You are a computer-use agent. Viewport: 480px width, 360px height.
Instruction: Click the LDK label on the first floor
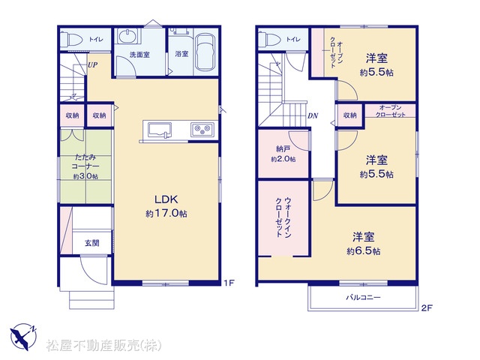[x=166, y=199]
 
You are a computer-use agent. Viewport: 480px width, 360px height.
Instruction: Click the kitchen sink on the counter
[x=160, y=130]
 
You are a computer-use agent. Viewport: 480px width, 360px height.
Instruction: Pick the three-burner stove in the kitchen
[x=202, y=130]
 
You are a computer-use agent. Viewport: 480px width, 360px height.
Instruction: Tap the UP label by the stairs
[x=93, y=65]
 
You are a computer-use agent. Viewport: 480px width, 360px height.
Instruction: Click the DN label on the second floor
[x=313, y=115]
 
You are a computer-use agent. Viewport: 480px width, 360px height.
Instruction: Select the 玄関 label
[x=91, y=243]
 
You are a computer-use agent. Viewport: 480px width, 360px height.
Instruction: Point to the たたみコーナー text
[x=85, y=162]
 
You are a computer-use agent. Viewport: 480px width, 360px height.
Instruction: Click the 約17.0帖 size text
[x=166, y=213]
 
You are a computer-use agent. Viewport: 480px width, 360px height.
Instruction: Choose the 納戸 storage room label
[x=283, y=149]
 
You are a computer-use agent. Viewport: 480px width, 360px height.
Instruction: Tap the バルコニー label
[x=363, y=297]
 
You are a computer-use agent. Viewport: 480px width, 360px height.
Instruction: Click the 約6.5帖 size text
[x=364, y=251]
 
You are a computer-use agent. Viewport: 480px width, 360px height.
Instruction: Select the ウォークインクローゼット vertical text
[x=283, y=217]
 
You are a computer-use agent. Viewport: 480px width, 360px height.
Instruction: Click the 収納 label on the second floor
[x=350, y=115]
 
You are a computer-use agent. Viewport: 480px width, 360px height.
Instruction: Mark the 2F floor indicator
[x=427, y=308]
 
